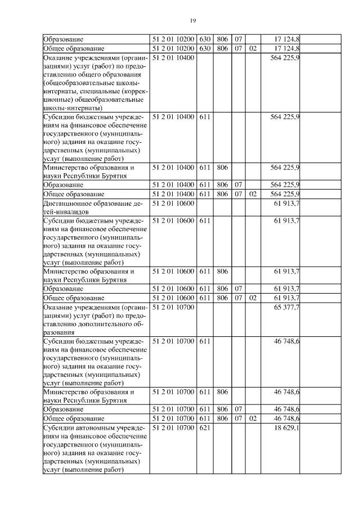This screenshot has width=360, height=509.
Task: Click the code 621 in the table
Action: click(x=204, y=429)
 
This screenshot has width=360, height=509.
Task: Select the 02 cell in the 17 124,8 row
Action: click(x=252, y=48)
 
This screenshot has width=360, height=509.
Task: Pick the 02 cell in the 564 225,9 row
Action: click(x=252, y=194)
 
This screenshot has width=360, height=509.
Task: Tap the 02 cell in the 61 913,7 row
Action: click(x=252, y=298)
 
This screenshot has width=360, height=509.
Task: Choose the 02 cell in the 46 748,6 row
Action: click(x=252, y=419)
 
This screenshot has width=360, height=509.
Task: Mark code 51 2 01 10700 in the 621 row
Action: click(x=173, y=429)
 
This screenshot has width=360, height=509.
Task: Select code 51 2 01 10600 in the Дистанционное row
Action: click(x=173, y=204)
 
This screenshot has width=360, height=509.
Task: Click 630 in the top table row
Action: click(x=204, y=39)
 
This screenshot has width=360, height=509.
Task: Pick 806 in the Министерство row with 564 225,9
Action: click(x=222, y=167)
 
